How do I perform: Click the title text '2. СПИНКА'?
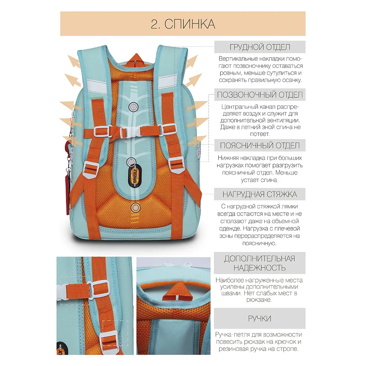coord(183,24)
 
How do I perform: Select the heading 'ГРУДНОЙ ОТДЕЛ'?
coord(260,47)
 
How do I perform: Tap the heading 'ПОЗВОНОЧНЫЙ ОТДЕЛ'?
coord(260,94)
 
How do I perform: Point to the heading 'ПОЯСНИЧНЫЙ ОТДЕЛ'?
coord(260,145)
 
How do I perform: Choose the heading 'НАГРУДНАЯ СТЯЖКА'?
coord(259,194)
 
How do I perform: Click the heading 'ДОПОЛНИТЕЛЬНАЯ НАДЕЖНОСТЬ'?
coord(259,263)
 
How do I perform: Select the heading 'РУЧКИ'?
coord(259,318)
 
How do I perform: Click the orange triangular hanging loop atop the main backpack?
coord(136,60)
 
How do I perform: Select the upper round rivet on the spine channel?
coord(133,107)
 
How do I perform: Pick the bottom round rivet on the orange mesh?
coord(135,207)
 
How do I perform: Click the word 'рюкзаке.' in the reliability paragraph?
coord(259,300)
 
